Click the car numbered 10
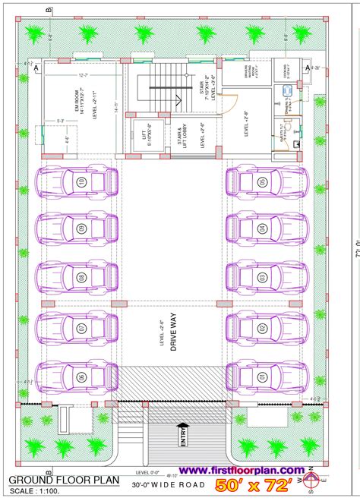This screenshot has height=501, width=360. (x=79, y=182)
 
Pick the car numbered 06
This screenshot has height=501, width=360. (x=79, y=376)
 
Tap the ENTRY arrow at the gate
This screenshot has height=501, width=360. (x=182, y=439)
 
